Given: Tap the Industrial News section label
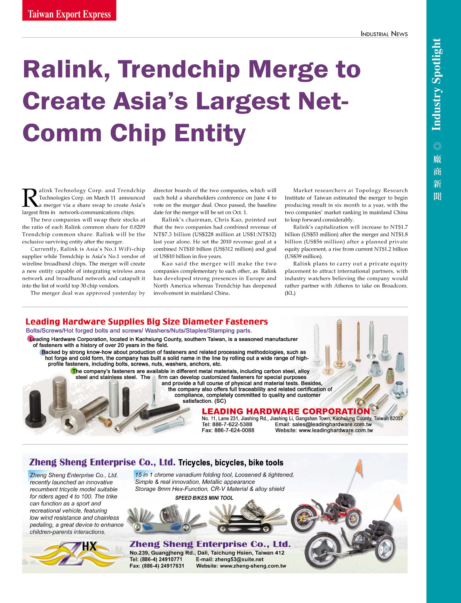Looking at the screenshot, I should coord(384,34).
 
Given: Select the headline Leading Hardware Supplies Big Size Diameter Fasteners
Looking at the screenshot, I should coord(146,322).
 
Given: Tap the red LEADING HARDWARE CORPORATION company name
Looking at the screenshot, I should coord(286,412).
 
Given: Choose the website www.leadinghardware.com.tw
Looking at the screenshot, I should coord(336,431).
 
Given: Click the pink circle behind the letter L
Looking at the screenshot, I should coord(30,339).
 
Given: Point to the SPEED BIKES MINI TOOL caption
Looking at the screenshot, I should coord(204,498).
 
